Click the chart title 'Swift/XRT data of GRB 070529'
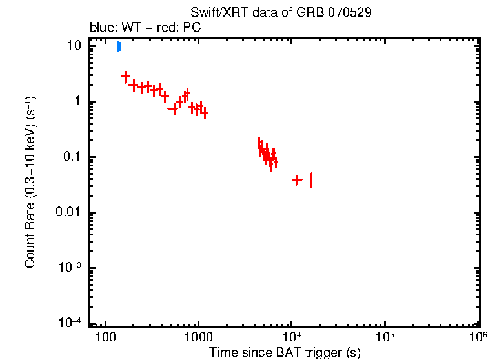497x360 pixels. tap(281, 13)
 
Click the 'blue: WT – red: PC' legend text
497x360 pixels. tap(145, 28)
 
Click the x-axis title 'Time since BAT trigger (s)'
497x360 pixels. tap(284, 352)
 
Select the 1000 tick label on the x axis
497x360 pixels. tap(198, 337)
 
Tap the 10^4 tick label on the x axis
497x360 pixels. tap(292, 337)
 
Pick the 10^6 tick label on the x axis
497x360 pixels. tap(478, 337)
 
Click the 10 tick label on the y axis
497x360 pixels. tap(75, 46)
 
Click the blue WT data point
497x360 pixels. tap(119, 46)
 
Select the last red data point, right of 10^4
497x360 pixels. tap(311, 179)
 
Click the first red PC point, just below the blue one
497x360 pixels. tap(126, 76)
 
